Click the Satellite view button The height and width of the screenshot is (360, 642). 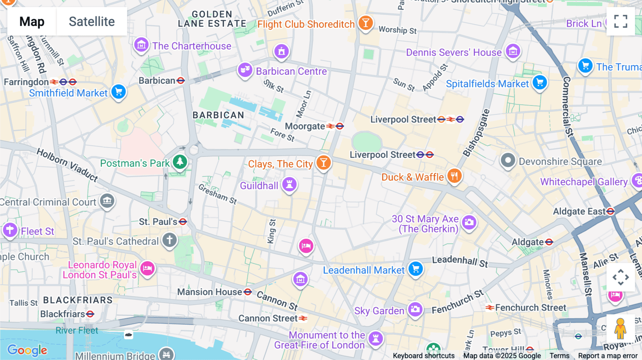pos(92,21)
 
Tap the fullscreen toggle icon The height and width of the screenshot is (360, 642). pos(621,21)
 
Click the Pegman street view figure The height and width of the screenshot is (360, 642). pos(620,329)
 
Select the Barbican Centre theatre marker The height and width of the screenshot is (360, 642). pos(245,70)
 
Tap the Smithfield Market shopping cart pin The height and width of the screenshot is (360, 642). pos(118,92)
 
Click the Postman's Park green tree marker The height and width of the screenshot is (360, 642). pos(180,162)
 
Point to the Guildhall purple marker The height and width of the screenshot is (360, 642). pos(289,184)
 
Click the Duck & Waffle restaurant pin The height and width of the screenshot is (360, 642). pos(454,176)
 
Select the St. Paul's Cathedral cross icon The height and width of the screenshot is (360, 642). pos(169,240)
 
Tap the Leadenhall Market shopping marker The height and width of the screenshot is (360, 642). pos(416,269)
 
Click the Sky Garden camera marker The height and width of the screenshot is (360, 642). pos(415,309)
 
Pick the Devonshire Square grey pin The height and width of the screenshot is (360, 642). pos(508,160)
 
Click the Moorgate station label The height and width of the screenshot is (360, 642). pos(305,126)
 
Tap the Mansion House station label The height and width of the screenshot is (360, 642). pos(210,292)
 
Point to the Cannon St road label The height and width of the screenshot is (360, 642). pos(277,300)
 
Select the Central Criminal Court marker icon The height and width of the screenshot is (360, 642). pos(107,201)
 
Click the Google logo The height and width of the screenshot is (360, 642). pos(27,350)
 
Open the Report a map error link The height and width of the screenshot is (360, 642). pos(608,356)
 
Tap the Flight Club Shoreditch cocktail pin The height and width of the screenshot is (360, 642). pos(366,23)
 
